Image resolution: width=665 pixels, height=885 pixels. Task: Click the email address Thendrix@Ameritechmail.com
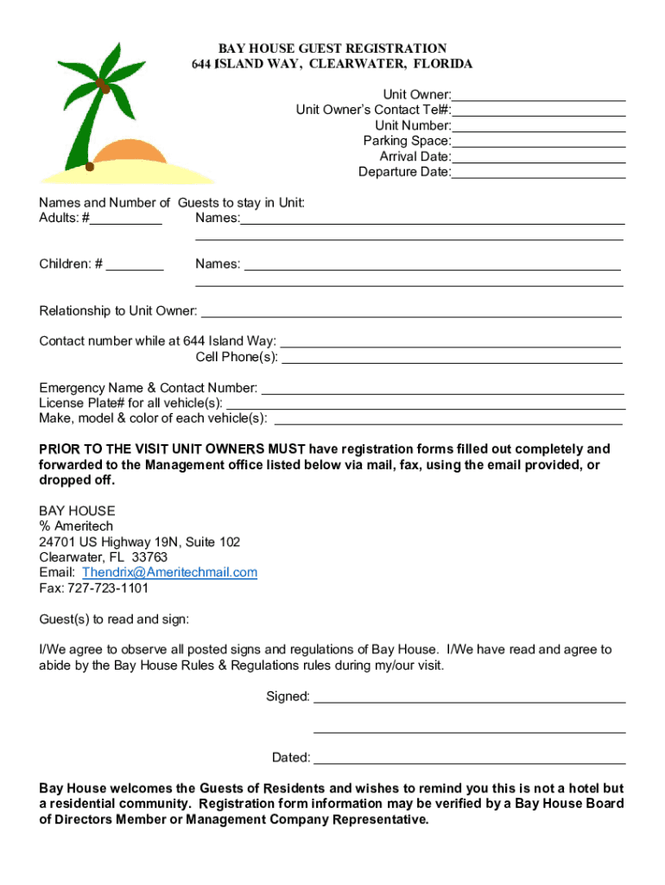[169, 572]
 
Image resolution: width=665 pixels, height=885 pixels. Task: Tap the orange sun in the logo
[130, 152]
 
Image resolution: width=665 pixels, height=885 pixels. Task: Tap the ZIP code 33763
[150, 557]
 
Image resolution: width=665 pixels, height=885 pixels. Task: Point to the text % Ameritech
[76, 525]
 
